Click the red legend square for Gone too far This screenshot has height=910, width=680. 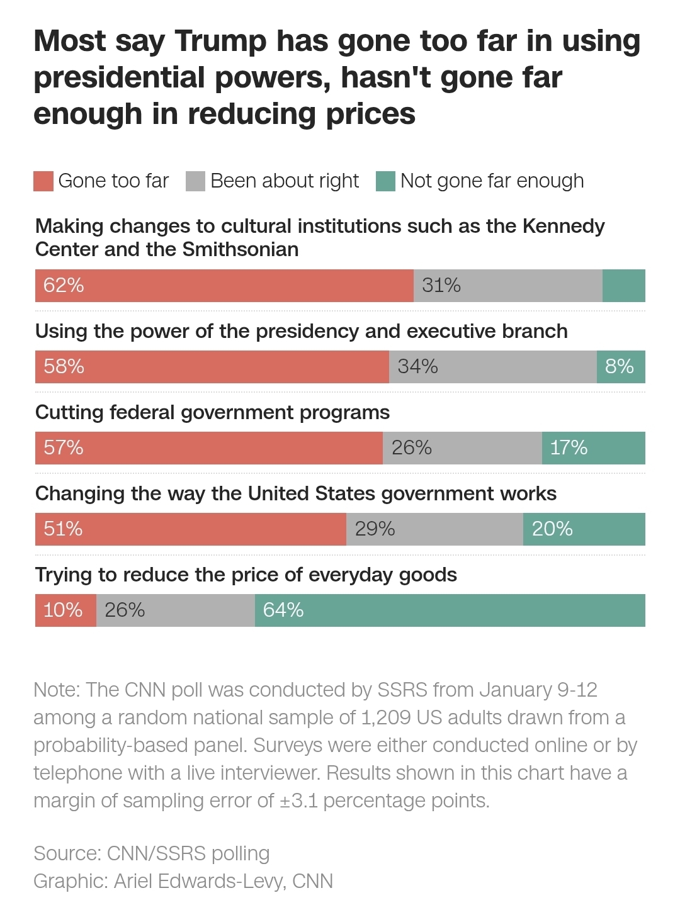click(x=43, y=181)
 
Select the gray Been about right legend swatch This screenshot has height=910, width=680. click(x=196, y=181)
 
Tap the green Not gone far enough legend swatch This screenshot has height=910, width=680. click(x=385, y=181)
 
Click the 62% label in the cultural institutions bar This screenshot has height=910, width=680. click(x=64, y=286)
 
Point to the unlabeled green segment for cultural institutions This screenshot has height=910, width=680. click(x=623, y=286)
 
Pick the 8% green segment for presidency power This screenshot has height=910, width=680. click(x=620, y=367)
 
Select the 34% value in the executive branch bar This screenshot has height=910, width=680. click(x=417, y=367)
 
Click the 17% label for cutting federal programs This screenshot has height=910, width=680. click(x=569, y=448)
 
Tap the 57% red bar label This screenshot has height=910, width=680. click(x=64, y=448)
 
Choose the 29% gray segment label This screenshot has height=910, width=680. click(x=375, y=529)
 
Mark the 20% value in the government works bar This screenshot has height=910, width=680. click(x=552, y=529)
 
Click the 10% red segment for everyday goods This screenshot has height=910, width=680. click(x=63, y=610)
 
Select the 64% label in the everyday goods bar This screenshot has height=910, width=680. click(x=283, y=610)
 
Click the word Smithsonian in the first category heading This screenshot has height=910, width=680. click(x=241, y=250)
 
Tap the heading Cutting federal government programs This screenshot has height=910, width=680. click(x=212, y=413)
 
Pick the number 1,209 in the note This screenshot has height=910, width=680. click(x=385, y=718)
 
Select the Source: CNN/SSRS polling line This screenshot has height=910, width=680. click(x=152, y=854)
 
